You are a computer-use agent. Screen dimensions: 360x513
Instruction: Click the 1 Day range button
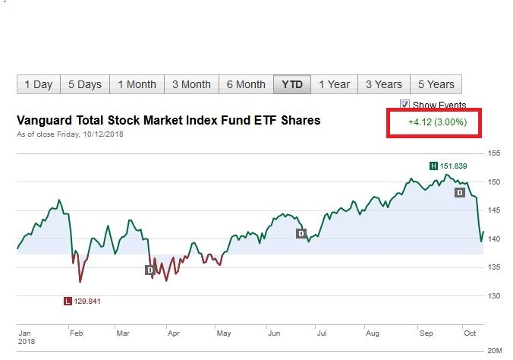pos(38,84)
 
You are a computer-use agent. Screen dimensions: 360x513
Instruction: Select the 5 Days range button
pos(84,84)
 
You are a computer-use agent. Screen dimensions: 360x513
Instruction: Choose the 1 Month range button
pos(137,84)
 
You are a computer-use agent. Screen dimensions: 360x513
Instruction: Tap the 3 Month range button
pos(191,84)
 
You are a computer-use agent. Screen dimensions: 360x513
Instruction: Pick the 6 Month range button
pos(246,84)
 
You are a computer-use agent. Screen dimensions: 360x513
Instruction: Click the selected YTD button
pos(292,84)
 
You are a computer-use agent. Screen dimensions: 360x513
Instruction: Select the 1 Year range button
pos(334,84)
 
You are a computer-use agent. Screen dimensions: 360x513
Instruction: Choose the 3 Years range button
pos(383,84)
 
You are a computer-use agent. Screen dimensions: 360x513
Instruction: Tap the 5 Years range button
pos(436,84)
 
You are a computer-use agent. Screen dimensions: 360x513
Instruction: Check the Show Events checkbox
pos(405,105)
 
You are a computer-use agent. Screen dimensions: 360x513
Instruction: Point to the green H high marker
pos(433,166)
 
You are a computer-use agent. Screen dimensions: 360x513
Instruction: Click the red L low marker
pos(68,302)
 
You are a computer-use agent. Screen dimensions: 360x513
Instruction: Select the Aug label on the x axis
pos(372,333)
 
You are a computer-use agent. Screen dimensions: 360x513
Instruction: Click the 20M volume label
pos(494,351)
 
